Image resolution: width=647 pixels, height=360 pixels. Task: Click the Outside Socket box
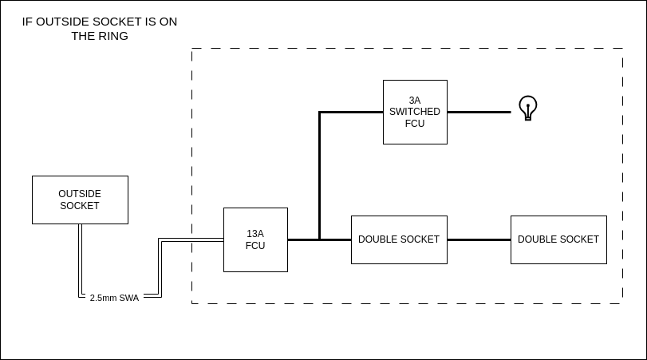[80, 200]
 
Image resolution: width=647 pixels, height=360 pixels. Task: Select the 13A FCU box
[255, 239]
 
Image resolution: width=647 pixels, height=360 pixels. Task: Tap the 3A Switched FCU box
[415, 112]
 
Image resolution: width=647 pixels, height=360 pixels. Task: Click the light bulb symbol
[527, 107]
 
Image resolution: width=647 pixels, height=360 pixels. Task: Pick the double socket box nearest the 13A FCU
[399, 239]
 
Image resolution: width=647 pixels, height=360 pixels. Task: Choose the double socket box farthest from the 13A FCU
[558, 239]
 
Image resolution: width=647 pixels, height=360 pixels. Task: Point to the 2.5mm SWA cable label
[114, 298]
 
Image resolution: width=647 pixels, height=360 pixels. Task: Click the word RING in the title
[112, 36]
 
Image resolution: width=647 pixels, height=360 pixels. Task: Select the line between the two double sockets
[479, 239]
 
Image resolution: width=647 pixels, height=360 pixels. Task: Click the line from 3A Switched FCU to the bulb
[479, 112]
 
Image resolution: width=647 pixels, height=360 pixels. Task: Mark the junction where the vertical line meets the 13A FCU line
[319, 239]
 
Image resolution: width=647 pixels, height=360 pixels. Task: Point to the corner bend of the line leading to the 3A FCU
[319, 112]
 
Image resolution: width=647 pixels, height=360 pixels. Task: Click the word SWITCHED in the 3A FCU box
[415, 112]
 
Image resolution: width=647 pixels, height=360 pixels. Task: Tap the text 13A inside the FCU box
[255, 234]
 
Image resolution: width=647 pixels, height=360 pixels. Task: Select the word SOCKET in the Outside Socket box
[80, 206]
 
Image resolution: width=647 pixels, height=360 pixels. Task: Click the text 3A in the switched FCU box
[415, 101]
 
